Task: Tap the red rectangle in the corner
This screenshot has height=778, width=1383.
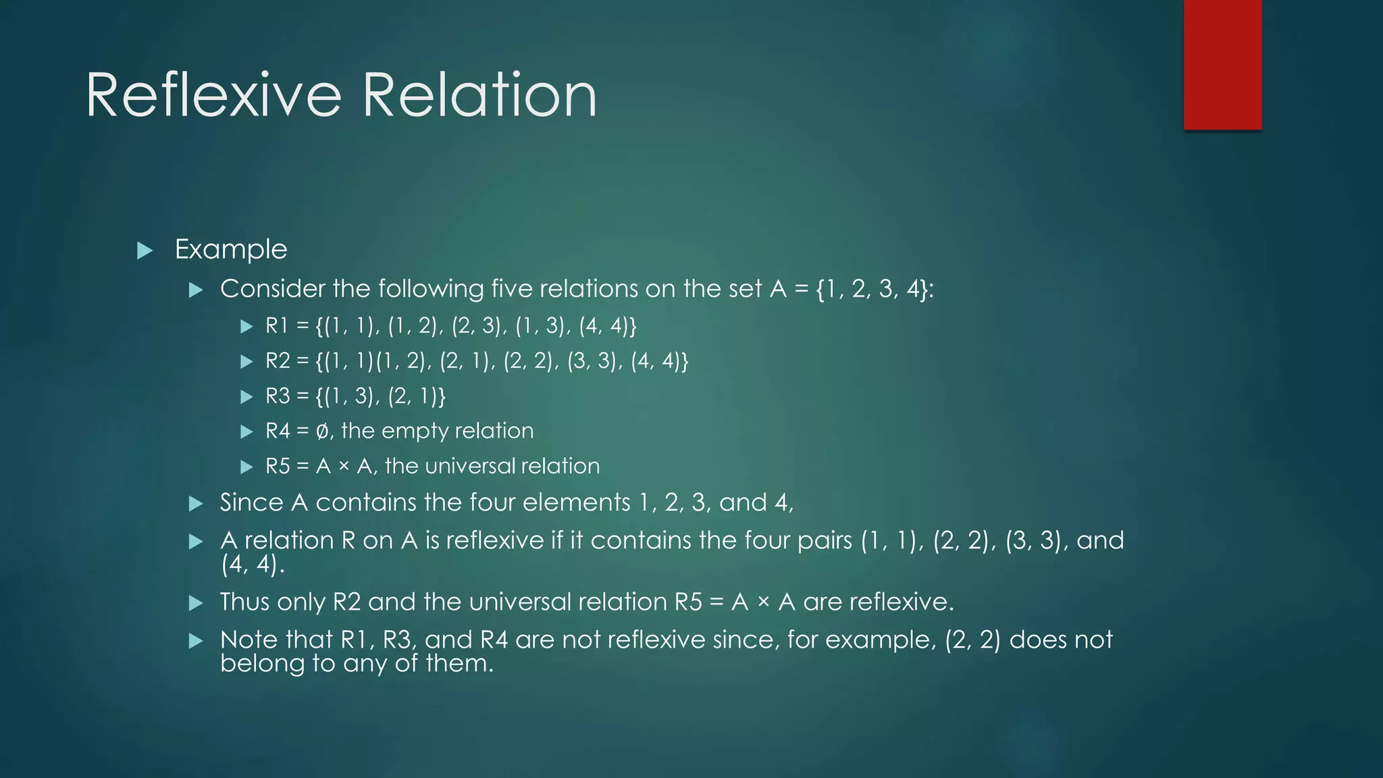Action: (x=1222, y=65)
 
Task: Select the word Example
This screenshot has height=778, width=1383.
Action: (x=231, y=250)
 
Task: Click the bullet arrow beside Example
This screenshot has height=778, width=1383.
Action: (x=145, y=251)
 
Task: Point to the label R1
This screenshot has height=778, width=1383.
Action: (x=277, y=326)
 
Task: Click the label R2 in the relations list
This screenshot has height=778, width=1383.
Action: (x=278, y=361)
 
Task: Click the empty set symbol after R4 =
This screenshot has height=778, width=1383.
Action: (x=323, y=432)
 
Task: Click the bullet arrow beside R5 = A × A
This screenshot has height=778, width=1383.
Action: (x=246, y=467)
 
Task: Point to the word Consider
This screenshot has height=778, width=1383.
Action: (x=271, y=289)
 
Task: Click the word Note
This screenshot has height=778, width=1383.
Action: (x=249, y=640)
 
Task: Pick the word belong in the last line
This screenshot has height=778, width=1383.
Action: (x=261, y=664)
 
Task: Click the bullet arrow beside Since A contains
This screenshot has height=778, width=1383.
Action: (x=196, y=504)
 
